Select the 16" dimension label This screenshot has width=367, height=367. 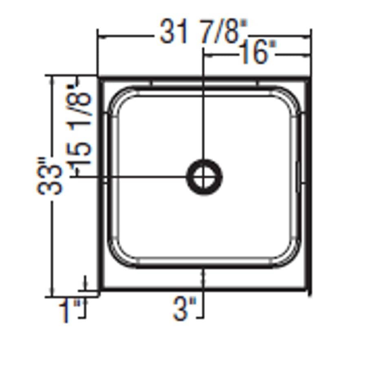[258, 53]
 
